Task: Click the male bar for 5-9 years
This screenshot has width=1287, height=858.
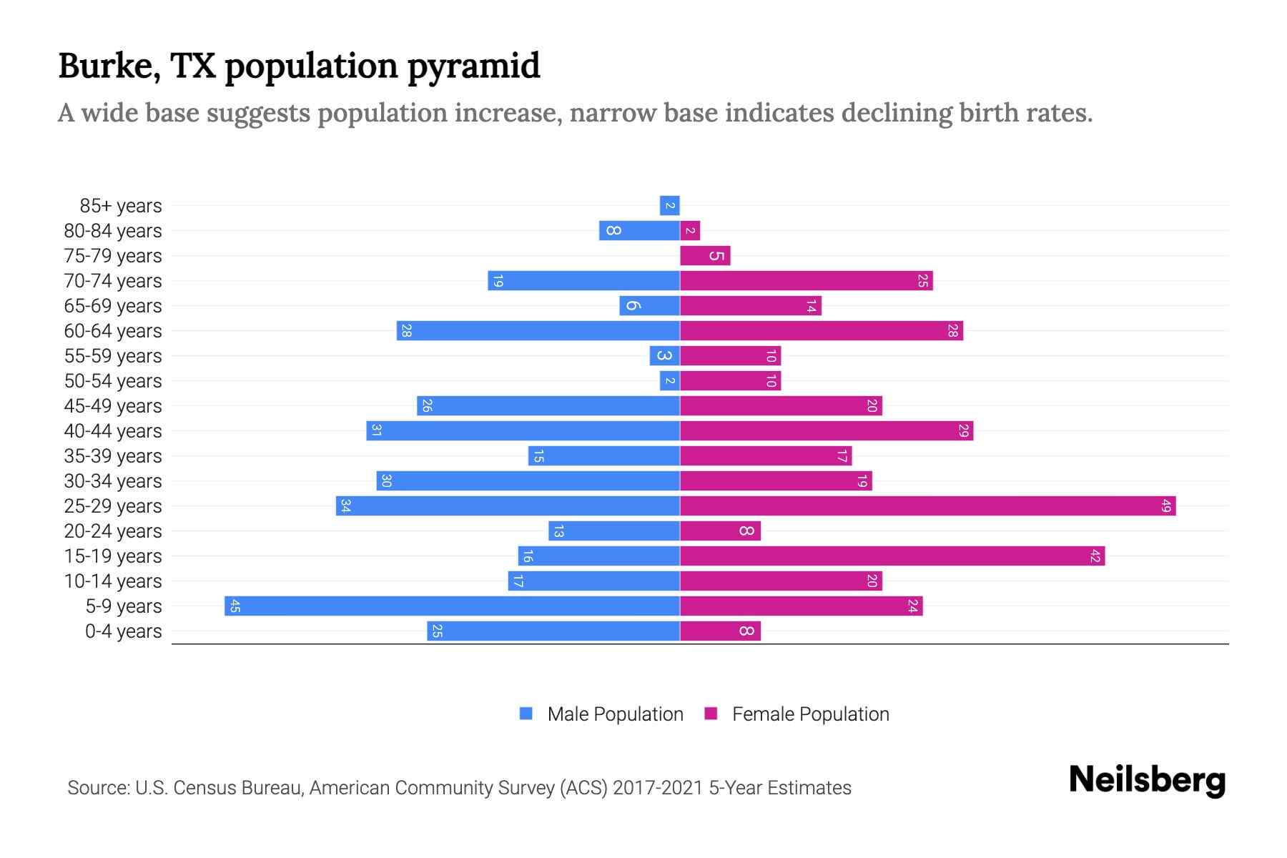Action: coord(452,606)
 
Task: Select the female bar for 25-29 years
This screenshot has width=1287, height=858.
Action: coord(927,506)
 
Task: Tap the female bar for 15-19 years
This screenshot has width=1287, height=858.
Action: coord(892,556)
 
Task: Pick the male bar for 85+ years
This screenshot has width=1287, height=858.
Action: coord(669,205)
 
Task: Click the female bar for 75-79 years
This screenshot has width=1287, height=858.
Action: coord(705,255)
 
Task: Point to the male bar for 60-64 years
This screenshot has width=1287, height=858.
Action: coord(538,330)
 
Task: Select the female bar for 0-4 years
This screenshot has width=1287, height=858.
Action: coord(720,631)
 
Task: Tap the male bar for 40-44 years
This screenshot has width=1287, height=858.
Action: coord(523,430)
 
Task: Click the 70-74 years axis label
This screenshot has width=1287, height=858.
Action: coord(113,281)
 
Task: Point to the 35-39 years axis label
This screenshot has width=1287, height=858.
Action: coord(113,456)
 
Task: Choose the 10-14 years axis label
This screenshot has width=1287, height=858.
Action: coord(113,581)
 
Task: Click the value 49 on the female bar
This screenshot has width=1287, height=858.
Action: coord(1165,506)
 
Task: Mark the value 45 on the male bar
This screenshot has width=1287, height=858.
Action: coord(235,606)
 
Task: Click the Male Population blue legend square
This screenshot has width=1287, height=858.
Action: coord(526,714)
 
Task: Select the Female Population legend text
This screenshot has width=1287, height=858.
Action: coord(810,714)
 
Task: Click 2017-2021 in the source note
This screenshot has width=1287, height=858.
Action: coord(658,788)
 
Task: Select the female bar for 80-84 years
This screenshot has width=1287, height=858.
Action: coord(690,230)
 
